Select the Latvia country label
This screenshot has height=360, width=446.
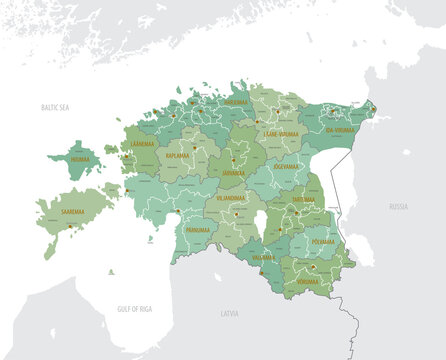231,314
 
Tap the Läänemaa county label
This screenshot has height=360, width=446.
143,144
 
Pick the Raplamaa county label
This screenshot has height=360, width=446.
178,157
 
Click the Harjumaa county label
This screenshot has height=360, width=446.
236,101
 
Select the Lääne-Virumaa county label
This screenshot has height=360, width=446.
282,132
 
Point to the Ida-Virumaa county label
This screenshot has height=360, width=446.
344,130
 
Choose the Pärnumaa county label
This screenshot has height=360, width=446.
199,230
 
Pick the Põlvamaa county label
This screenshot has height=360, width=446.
323,241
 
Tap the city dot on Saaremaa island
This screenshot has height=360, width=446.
70,226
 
